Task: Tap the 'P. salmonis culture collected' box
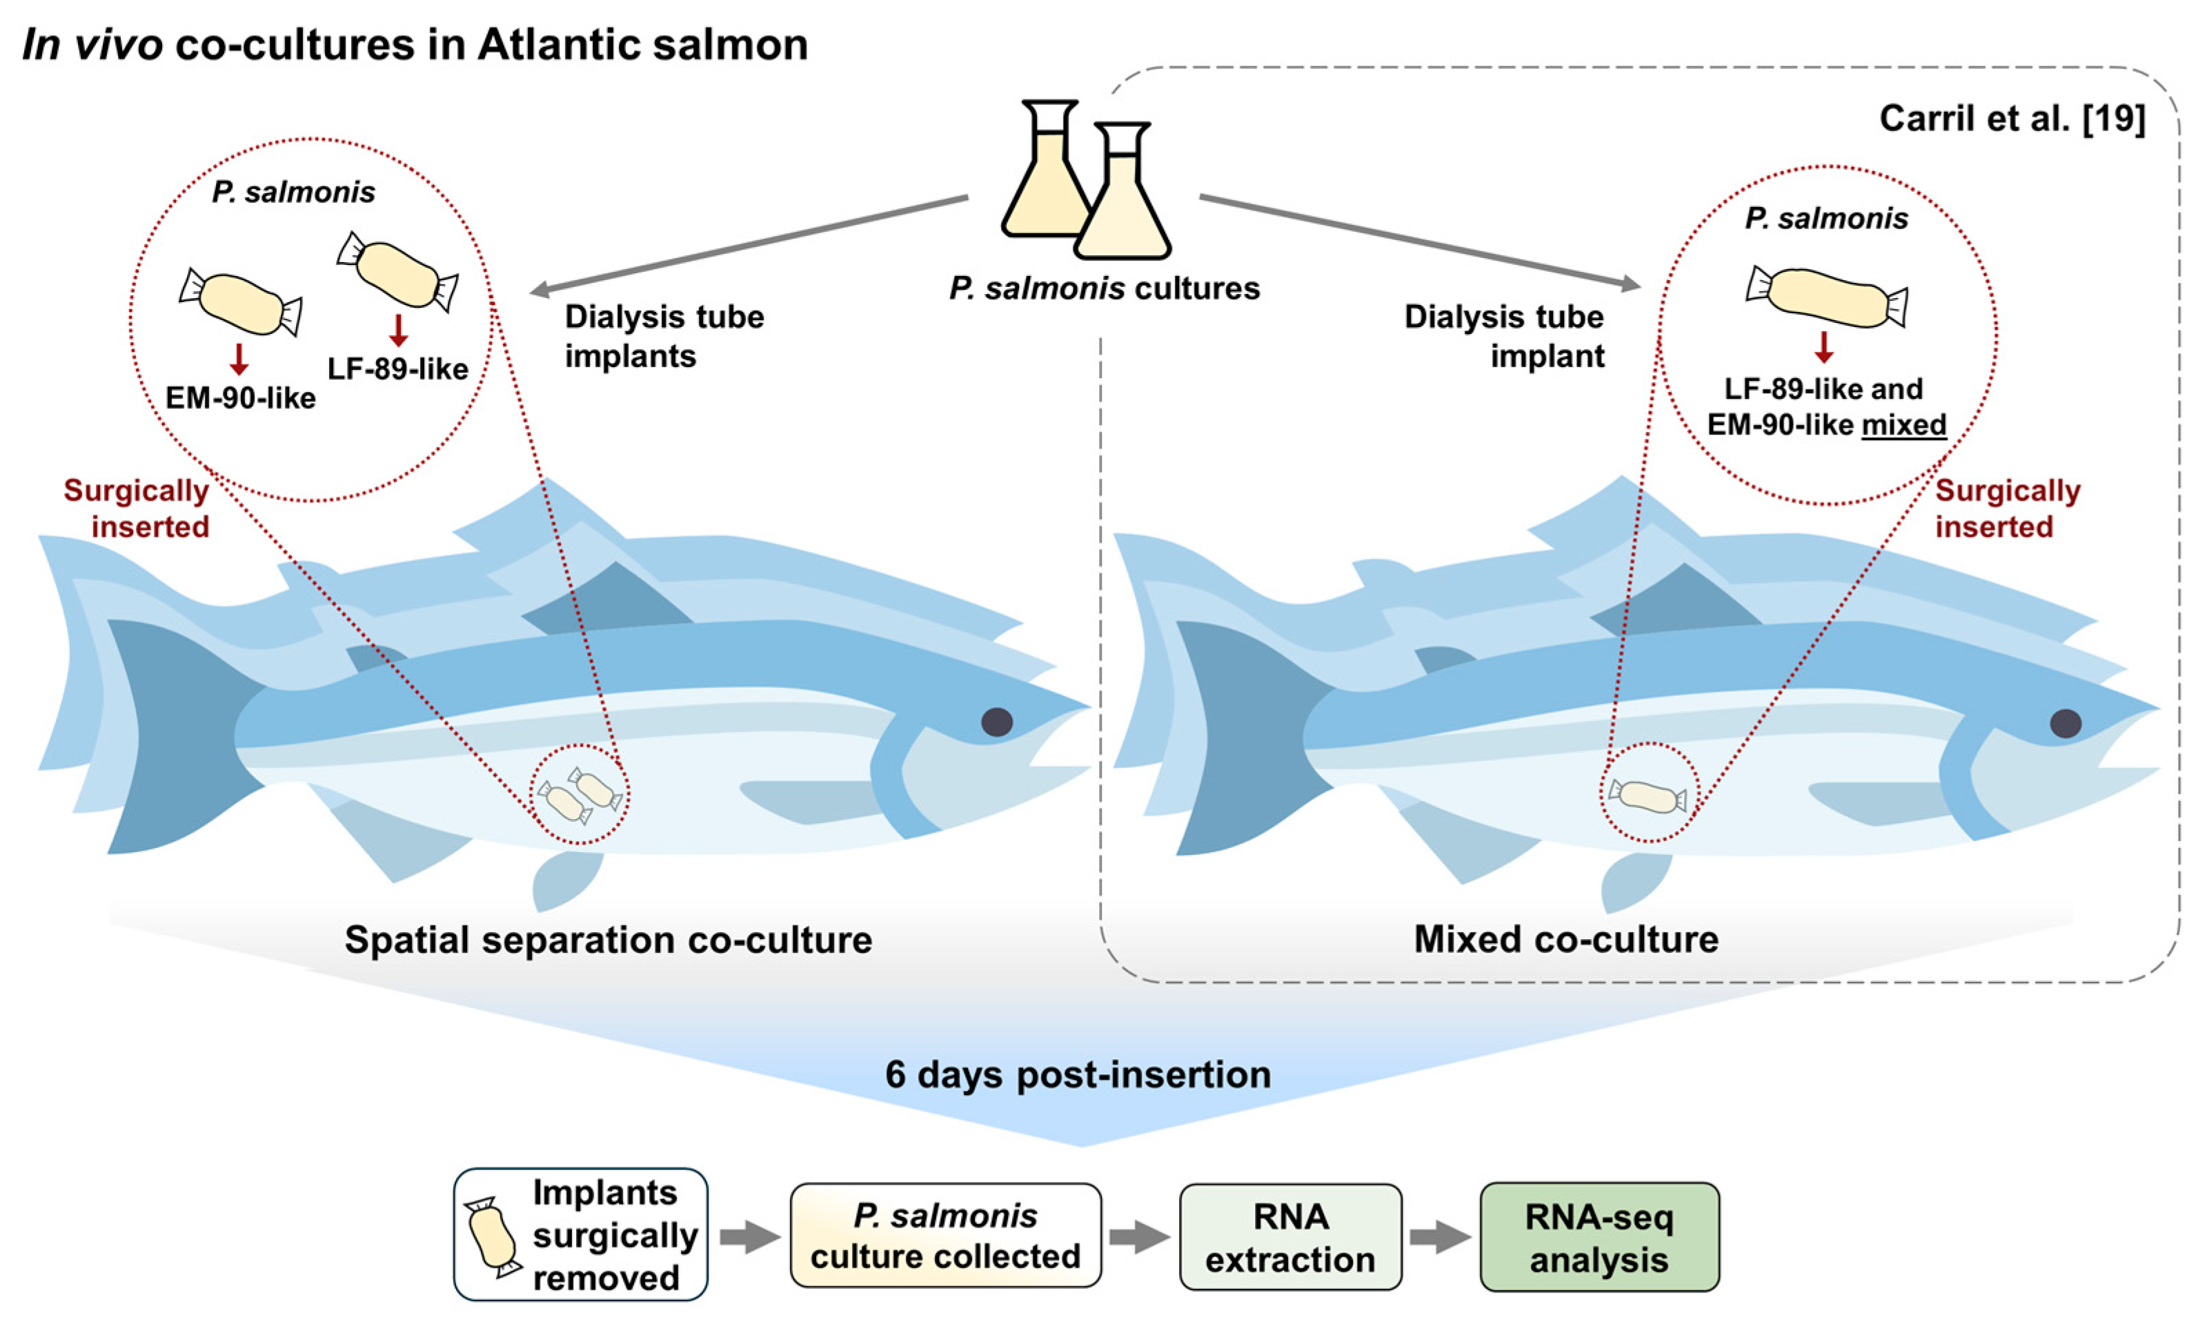[945, 1236]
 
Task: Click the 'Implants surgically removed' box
[581, 1234]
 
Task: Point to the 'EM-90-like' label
[241, 397]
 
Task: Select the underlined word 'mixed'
[1904, 424]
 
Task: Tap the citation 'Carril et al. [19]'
[2011, 119]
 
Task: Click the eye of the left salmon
[997, 722]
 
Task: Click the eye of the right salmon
[2066, 722]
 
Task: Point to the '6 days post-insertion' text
[1078, 1074]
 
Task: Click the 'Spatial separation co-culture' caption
[608, 940]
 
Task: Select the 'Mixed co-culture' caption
[1566, 939]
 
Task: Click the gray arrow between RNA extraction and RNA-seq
[1439, 1236]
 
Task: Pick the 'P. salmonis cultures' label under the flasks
[1105, 288]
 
